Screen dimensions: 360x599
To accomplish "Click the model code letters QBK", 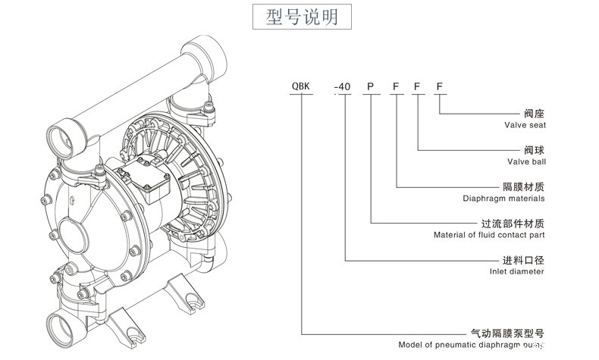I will click(x=301, y=87).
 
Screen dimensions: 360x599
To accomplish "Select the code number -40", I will click(x=343, y=87).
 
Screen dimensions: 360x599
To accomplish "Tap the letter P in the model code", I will click(x=370, y=87).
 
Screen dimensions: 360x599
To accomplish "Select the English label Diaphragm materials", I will click(x=503, y=199).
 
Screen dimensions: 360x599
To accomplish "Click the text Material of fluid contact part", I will click(x=489, y=235).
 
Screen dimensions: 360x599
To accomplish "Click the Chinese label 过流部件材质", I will click(x=513, y=224).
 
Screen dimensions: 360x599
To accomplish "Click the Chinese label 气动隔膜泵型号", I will click(x=508, y=333).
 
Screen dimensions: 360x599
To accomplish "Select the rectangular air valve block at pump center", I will click(x=156, y=175).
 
